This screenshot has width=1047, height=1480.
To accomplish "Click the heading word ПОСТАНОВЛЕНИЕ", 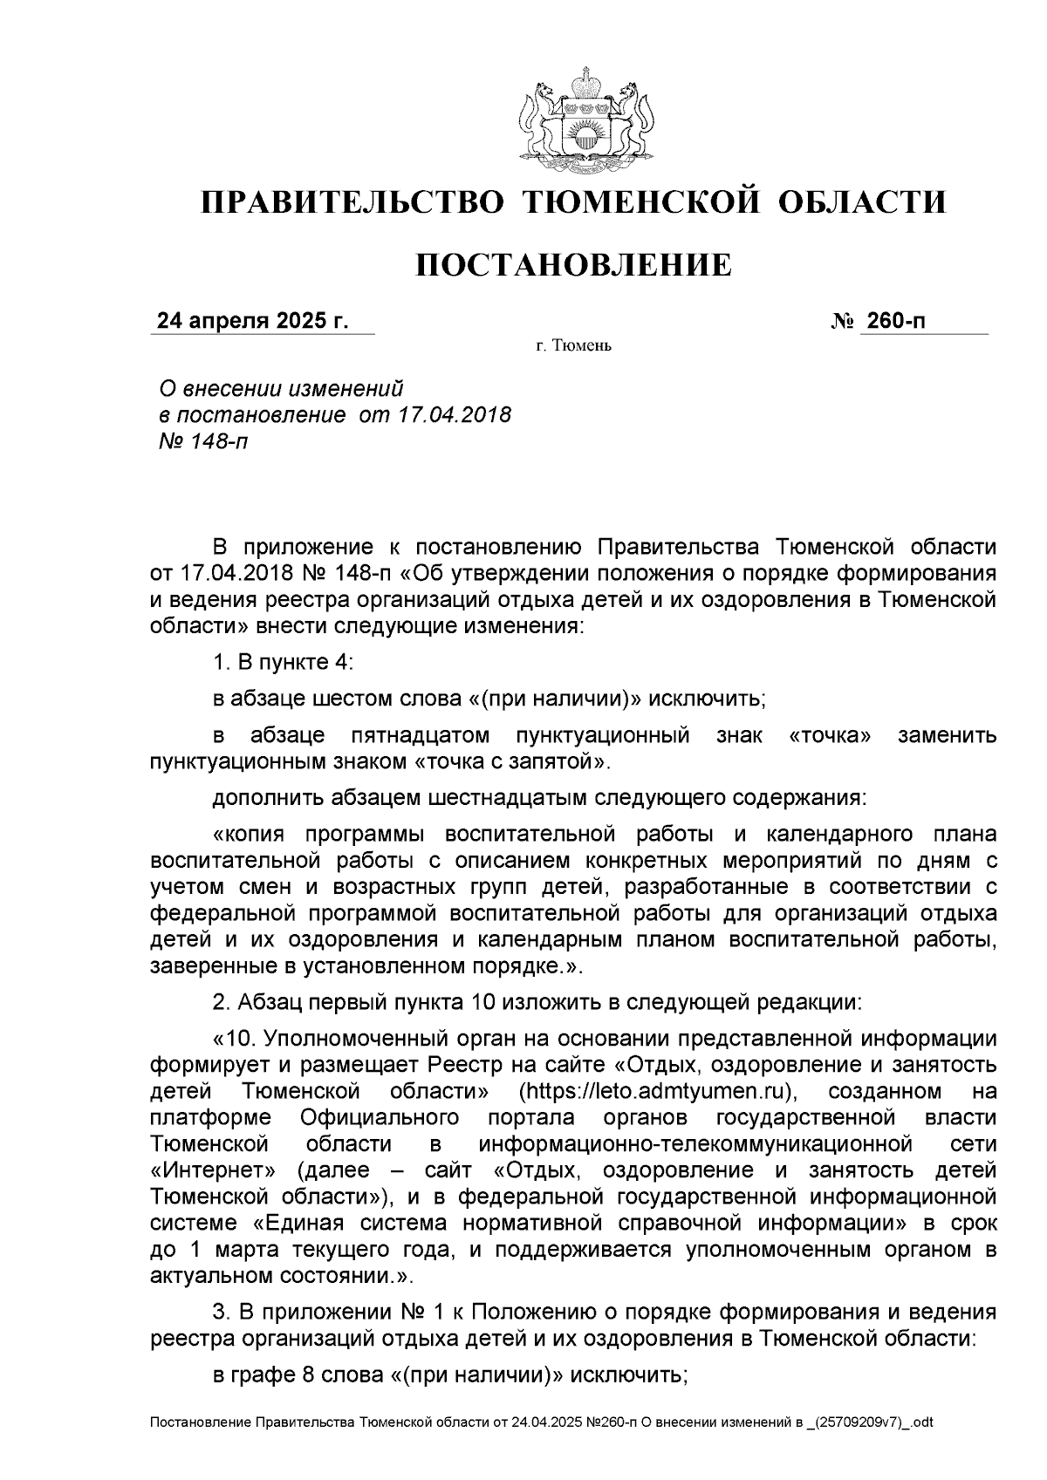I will click(x=572, y=265).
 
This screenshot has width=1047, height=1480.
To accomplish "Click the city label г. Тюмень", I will click(x=573, y=347).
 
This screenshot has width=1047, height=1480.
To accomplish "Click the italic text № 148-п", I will click(x=202, y=441).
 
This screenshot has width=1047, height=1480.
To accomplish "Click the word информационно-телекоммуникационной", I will click(x=695, y=1143).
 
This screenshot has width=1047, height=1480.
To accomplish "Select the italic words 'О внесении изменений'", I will click(x=280, y=388).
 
